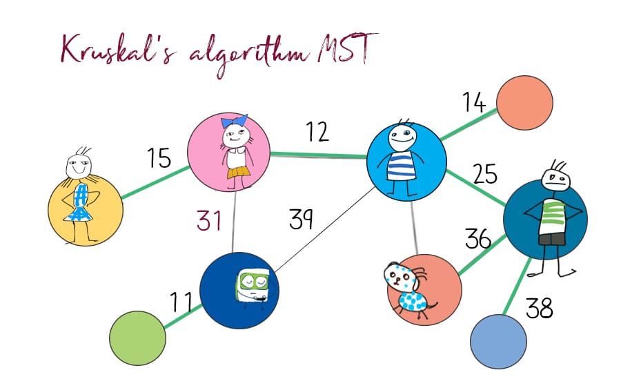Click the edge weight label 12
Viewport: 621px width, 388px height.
(x=317, y=132)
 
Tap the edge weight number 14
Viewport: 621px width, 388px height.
(x=474, y=102)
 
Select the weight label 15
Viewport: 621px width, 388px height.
(x=159, y=157)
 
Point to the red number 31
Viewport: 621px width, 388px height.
(x=208, y=221)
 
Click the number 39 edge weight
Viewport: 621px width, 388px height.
(x=301, y=219)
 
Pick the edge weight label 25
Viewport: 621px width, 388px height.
(x=485, y=173)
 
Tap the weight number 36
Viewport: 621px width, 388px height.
(x=478, y=238)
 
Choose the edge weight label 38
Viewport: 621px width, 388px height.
(x=539, y=308)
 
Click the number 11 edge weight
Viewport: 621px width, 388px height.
(x=181, y=302)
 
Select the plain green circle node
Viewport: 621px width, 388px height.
(x=137, y=338)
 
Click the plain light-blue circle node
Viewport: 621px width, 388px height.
(x=498, y=342)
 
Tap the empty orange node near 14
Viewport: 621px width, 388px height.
(x=524, y=103)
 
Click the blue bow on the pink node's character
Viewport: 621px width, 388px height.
(x=234, y=121)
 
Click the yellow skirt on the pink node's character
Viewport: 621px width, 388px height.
(x=237, y=173)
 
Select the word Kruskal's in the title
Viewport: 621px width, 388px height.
(x=117, y=50)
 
